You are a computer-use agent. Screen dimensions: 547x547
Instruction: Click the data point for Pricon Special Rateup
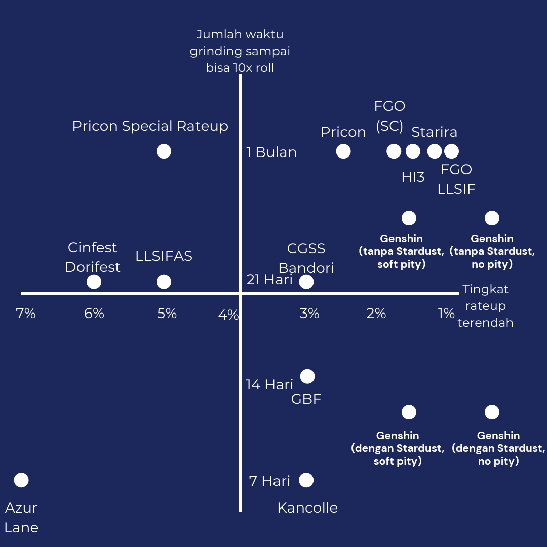point(164,151)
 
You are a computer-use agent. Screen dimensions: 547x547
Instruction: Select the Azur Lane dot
point(21,480)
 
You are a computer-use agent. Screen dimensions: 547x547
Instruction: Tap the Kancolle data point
point(306,480)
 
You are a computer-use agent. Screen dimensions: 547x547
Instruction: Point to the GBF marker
point(307,376)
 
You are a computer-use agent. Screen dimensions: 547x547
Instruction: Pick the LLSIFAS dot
point(164,282)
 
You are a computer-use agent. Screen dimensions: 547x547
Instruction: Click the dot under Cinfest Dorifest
point(94,282)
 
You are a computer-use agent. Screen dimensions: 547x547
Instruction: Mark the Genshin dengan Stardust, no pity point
point(492,412)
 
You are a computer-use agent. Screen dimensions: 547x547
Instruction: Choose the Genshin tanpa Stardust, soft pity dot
point(409,218)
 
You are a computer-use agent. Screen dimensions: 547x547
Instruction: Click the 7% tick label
point(26,314)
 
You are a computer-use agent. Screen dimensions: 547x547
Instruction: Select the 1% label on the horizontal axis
point(446,314)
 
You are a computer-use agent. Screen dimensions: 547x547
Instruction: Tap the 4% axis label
point(228,315)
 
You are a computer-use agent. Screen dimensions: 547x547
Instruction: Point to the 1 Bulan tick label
point(271,152)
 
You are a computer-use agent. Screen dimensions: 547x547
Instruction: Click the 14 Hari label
point(269,385)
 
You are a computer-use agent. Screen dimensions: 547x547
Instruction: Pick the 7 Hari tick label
point(269,481)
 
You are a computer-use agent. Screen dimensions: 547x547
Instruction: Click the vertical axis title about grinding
point(240,51)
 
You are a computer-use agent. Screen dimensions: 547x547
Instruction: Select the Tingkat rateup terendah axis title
point(485,306)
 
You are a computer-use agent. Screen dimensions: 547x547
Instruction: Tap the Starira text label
point(434,132)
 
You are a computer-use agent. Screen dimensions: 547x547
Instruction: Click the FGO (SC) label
point(389,116)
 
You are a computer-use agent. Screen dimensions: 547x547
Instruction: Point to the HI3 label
point(413,177)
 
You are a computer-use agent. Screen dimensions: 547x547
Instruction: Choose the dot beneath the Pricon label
point(343,151)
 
